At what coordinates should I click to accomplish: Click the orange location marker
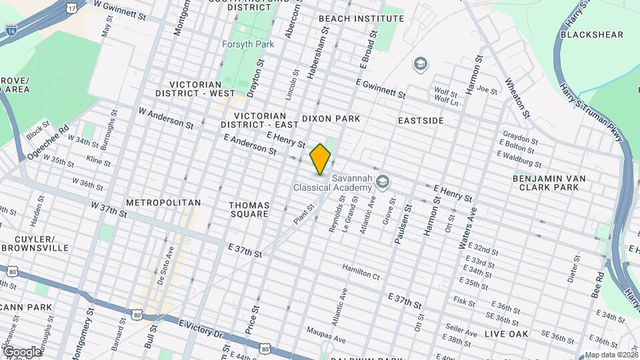click(321, 159)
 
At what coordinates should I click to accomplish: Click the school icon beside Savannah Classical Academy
click(383, 181)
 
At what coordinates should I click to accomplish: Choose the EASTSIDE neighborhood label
click(421, 121)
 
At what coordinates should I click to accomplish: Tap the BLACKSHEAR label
click(591, 35)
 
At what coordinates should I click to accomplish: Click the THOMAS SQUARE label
click(248, 209)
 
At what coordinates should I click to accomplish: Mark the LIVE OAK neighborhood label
click(505, 333)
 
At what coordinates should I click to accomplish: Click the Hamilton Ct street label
click(361, 271)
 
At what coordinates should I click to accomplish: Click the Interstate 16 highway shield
click(10, 29)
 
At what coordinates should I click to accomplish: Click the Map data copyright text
click(610, 355)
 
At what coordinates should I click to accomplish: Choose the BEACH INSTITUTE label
click(352, 18)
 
